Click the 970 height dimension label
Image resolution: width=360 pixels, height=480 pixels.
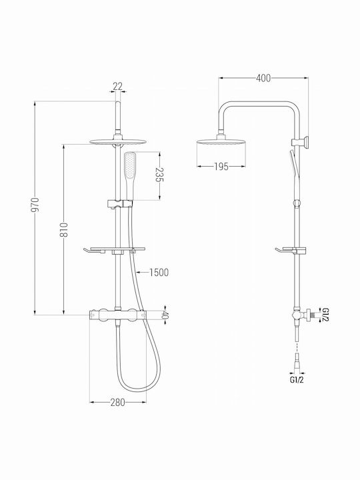(35, 205)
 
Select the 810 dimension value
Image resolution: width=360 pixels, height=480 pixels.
(64, 229)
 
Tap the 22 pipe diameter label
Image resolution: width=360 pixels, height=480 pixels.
(117, 86)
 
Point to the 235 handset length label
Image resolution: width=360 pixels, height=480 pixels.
(159, 175)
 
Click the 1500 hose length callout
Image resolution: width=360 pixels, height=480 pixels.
(159, 272)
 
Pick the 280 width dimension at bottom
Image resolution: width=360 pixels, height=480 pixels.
(118, 402)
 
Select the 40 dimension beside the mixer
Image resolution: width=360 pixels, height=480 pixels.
(165, 315)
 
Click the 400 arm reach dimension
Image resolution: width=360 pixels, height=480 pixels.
(263, 79)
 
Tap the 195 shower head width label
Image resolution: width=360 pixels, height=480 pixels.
(221, 167)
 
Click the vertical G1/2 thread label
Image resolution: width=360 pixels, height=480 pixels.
(325, 315)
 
